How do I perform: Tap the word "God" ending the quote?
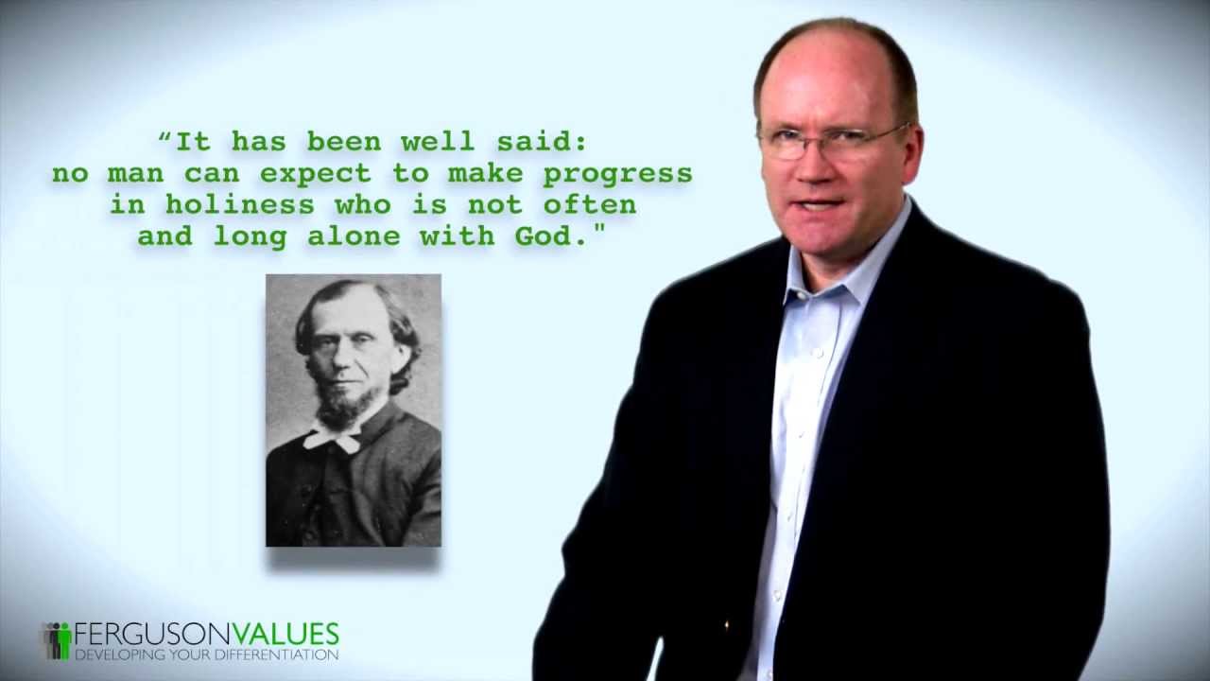pyautogui.click(x=544, y=236)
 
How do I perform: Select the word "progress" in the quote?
pyautogui.click(x=617, y=173)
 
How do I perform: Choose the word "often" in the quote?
pyautogui.click(x=589, y=204)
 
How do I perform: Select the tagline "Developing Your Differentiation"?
pyautogui.click(x=206, y=655)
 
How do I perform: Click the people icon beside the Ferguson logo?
pyautogui.click(x=57, y=640)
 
